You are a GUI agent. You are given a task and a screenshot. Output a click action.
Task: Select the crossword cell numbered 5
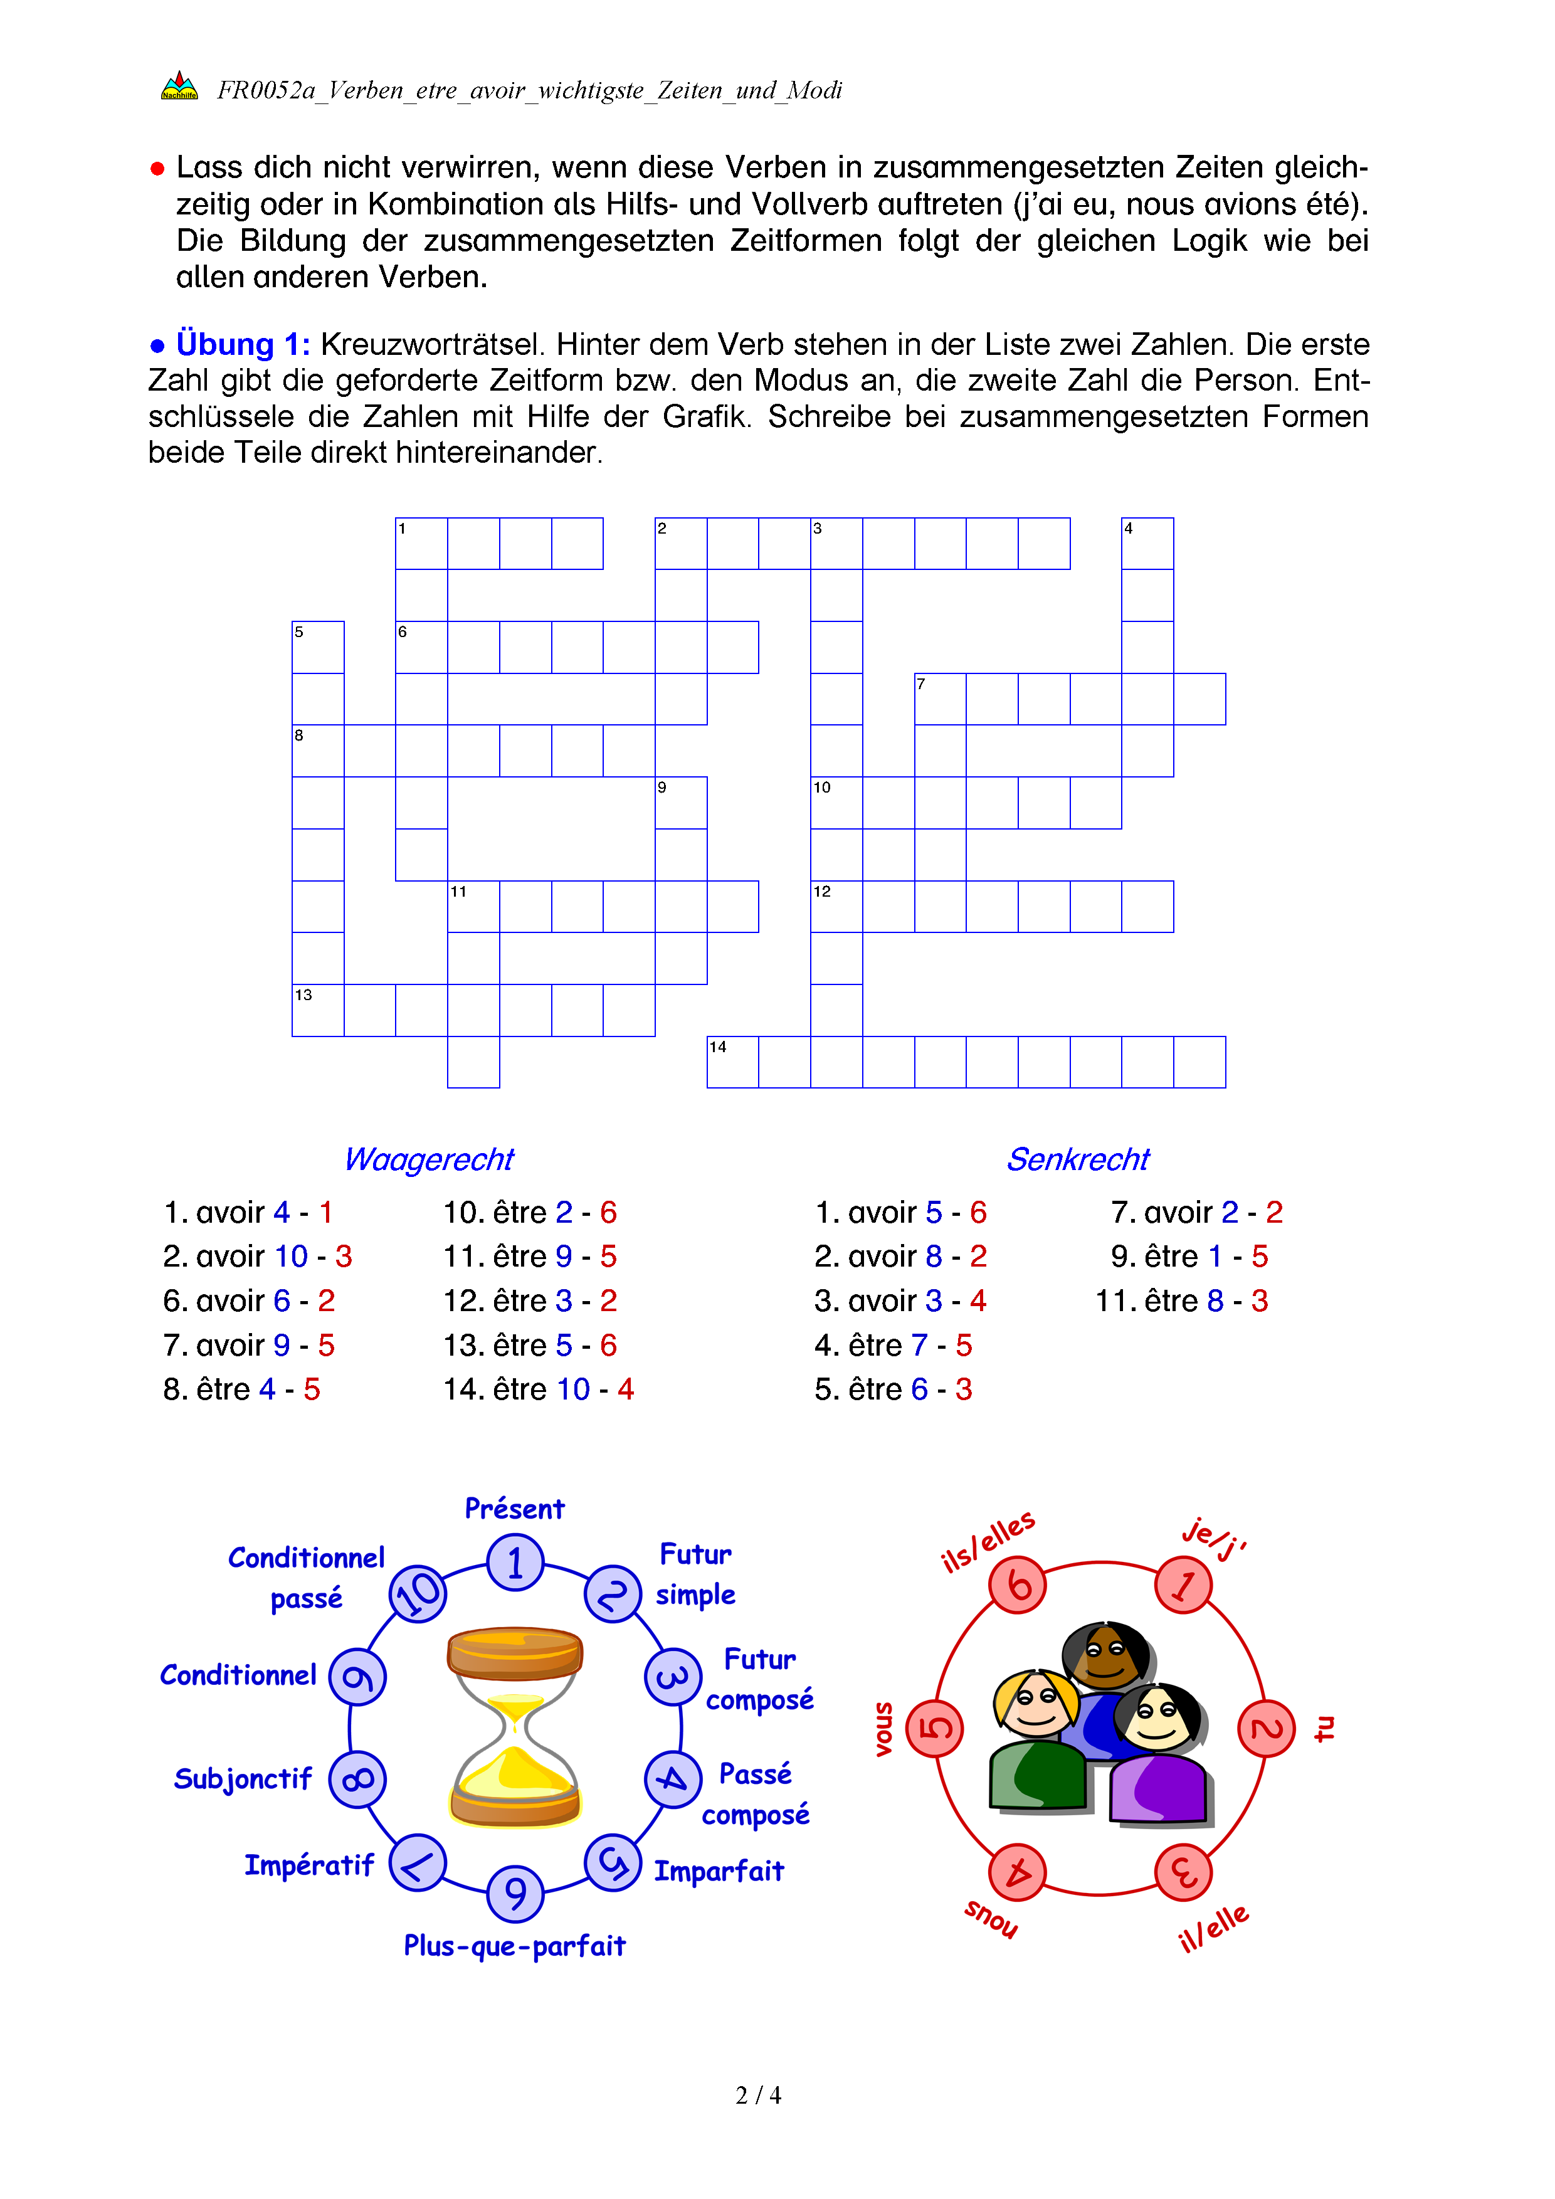[x=318, y=648]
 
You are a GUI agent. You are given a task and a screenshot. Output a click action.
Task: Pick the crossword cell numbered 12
[x=836, y=907]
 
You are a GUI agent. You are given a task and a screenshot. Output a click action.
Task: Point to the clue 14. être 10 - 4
[x=538, y=1389]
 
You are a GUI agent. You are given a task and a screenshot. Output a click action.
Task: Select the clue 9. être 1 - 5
[x=1188, y=1255]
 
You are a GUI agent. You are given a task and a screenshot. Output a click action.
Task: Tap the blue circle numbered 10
[x=418, y=1594]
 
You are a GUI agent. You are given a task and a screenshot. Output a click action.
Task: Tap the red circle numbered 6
[x=1017, y=1585]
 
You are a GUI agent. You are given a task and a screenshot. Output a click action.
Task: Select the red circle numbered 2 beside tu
[x=1266, y=1728]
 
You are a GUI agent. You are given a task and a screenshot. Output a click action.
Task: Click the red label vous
[x=883, y=1729]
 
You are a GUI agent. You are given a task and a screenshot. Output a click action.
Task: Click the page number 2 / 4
[x=757, y=2096]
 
